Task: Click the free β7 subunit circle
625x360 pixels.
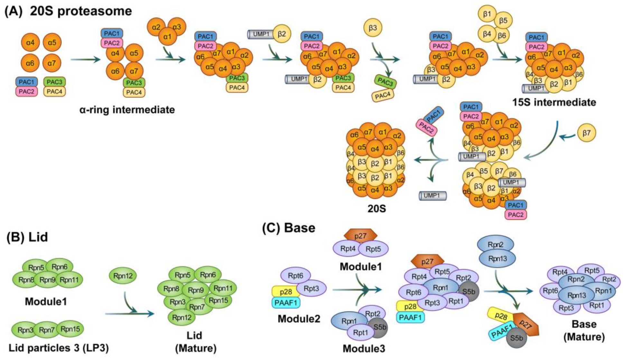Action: click(x=586, y=133)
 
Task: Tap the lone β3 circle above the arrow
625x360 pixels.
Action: click(x=373, y=28)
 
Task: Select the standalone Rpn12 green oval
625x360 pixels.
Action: click(x=123, y=276)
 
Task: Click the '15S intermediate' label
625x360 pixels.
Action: click(x=554, y=102)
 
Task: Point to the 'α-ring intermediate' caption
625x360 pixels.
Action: click(x=127, y=110)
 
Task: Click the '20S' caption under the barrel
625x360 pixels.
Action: click(x=377, y=209)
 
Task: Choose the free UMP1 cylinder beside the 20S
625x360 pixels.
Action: click(x=433, y=196)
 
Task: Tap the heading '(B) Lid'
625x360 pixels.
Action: click(x=27, y=237)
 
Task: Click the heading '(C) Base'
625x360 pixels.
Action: click(x=289, y=228)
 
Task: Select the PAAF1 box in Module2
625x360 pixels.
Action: click(x=286, y=302)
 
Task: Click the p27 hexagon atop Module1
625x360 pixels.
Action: click(x=360, y=236)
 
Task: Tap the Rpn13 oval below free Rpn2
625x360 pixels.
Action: click(x=498, y=258)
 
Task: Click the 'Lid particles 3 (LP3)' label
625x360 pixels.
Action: click(x=59, y=348)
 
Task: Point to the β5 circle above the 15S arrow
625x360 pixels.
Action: click(x=503, y=21)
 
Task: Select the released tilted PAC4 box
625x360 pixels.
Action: click(x=383, y=96)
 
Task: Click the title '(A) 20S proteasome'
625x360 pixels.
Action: click(x=68, y=11)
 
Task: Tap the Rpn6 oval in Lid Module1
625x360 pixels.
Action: click(x=60, y=267)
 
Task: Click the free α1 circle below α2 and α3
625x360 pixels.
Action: click(x=167, y=37)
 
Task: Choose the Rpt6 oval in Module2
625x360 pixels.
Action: click(x=295, y=276)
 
